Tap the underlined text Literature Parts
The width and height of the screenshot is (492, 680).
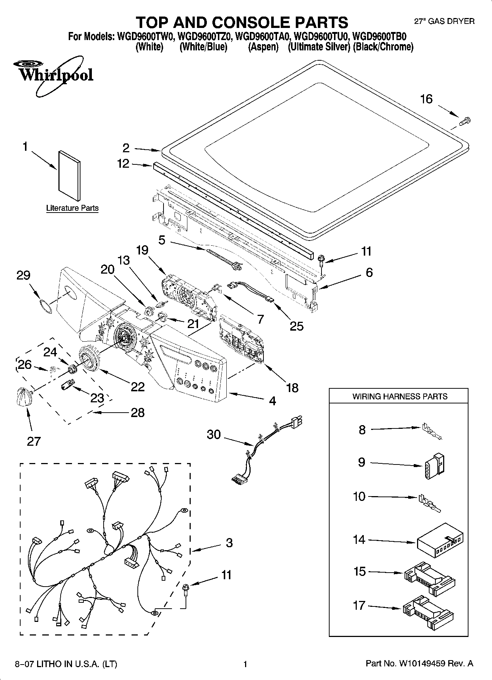[x=72, y=208]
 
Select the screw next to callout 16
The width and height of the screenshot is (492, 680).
[x=465, y=120]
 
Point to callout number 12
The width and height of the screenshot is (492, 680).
[x=123, y=164]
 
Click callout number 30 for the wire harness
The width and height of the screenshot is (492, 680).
[x=213, y=435]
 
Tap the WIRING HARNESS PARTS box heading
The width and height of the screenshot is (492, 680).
[x=400, y=396]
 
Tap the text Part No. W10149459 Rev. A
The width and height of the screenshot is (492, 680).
[x=419, y=663]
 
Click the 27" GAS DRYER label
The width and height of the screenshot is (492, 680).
[x=444, y=21]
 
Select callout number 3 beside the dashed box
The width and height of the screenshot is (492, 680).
[x=229, y=543]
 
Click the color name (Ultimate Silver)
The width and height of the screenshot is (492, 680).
[x=319, y=47]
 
